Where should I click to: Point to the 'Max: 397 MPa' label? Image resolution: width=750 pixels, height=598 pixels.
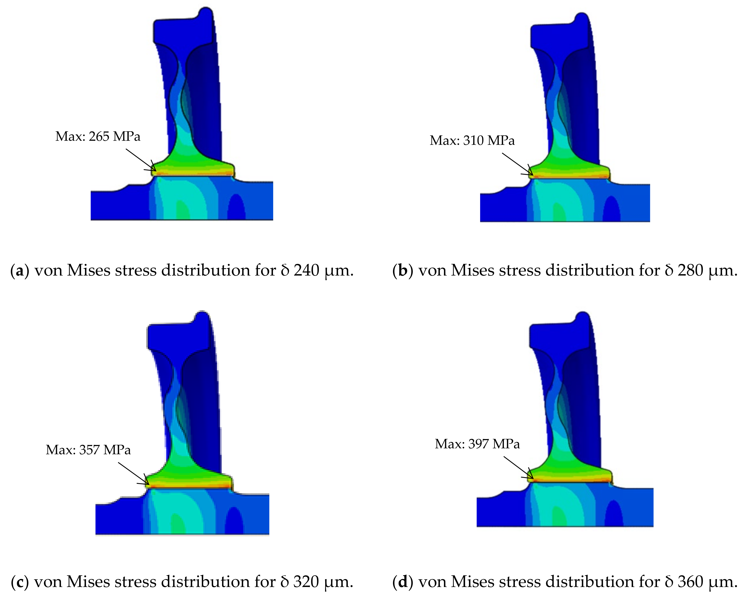477,444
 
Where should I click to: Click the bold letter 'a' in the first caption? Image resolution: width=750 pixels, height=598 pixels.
20,270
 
